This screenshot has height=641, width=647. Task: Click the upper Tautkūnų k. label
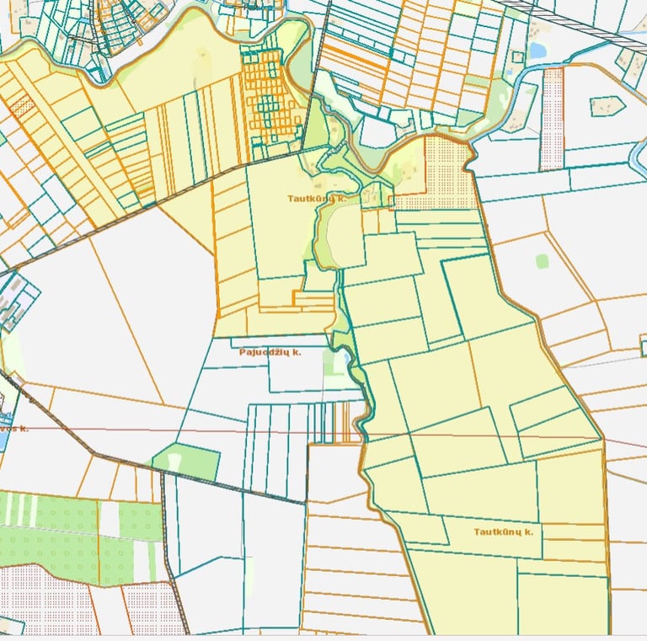pos(317,199)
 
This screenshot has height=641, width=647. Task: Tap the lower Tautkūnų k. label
pos(503,532)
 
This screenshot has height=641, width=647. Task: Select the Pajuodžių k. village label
pos(270,352)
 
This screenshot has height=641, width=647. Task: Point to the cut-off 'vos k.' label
pos(13,429)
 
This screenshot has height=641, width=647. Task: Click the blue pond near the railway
pos(536,51)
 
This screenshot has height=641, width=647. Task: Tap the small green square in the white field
pos(542,261)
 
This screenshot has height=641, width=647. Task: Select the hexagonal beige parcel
pos(607,106)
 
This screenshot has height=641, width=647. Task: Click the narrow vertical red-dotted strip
pos(552,117)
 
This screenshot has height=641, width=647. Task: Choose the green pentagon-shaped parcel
pos(186,461)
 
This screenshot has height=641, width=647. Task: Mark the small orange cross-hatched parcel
pos(23,107)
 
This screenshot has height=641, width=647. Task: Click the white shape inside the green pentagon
pos(174,462)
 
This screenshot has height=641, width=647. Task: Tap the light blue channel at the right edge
pos(638,160)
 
